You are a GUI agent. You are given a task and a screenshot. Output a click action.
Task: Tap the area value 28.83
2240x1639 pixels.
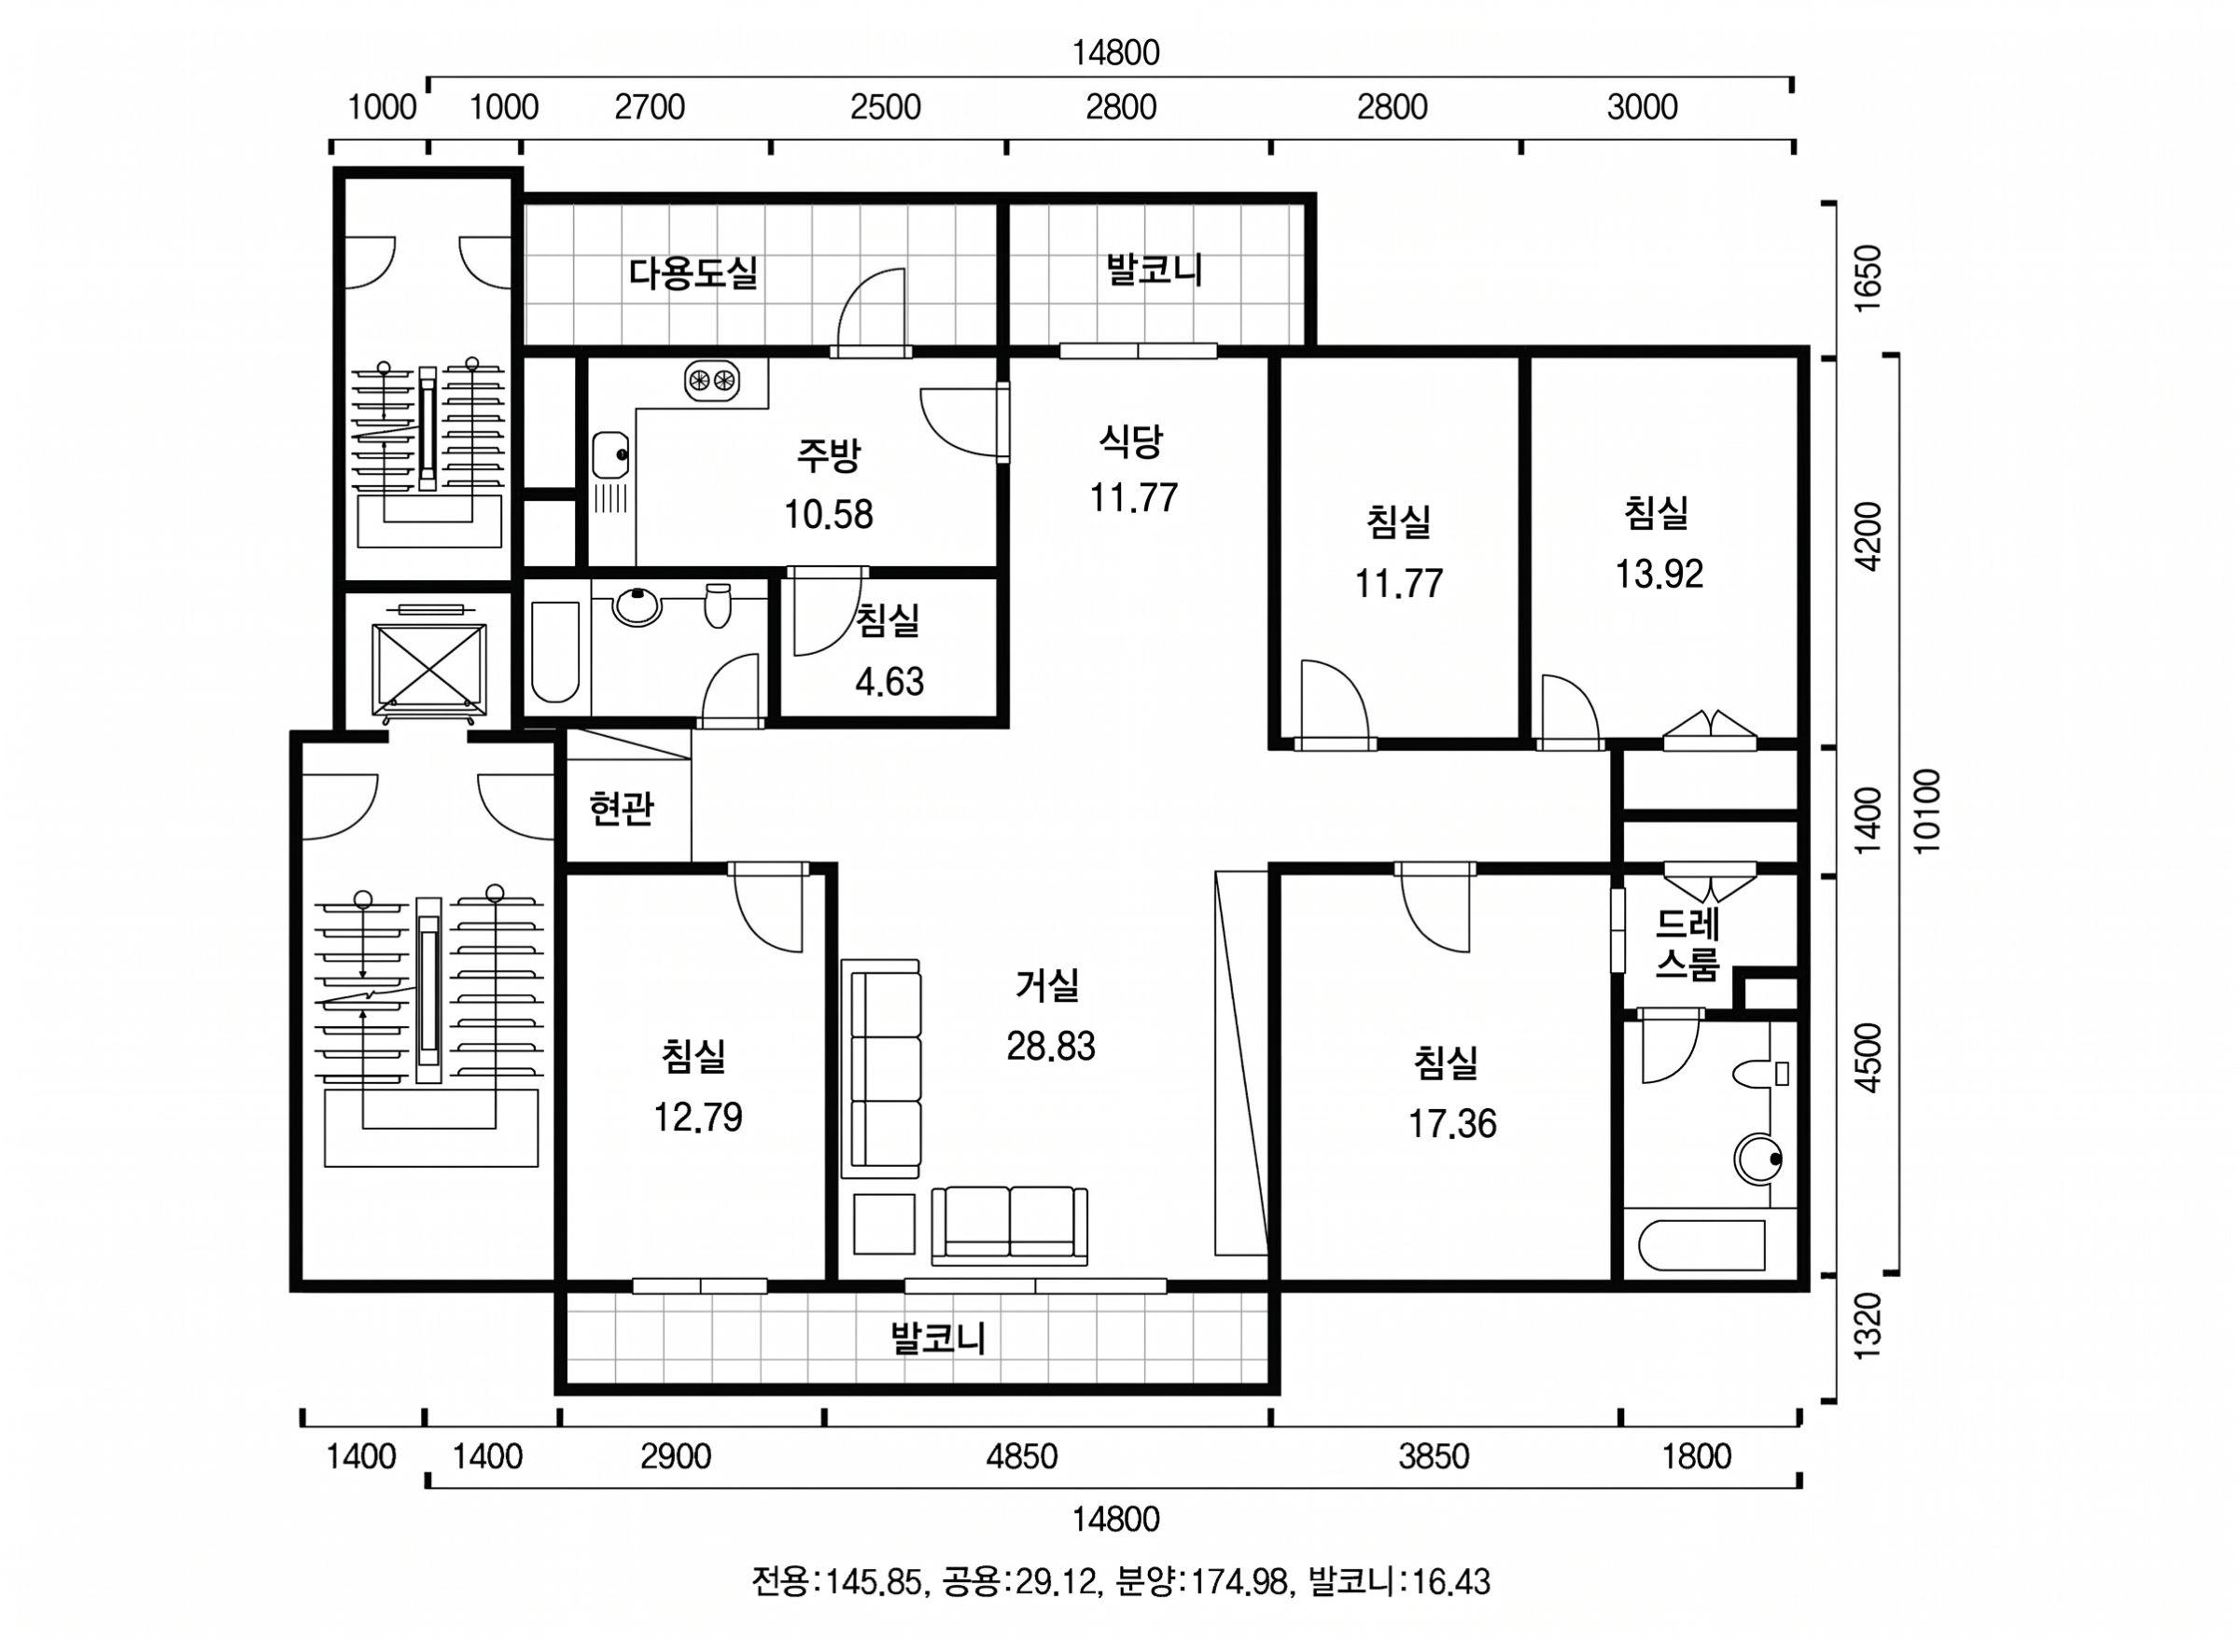(1050, 1046)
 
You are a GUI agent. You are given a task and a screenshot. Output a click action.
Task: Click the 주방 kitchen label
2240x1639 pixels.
(829, 454)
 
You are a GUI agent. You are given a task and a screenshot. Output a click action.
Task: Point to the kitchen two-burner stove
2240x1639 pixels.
(712, 379)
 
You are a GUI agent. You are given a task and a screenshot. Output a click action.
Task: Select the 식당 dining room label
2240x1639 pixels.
(1131, 439)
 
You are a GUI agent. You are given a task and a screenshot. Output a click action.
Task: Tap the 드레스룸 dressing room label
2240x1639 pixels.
(1687, 945)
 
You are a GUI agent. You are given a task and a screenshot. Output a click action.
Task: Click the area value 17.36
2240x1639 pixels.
(1452, 1124)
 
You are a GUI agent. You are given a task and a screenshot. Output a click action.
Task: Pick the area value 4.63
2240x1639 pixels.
(889, 682)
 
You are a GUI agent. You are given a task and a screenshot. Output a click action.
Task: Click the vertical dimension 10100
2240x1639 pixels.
(1926, 811)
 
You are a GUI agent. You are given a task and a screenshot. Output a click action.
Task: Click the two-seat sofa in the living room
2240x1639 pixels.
(1009, 1224)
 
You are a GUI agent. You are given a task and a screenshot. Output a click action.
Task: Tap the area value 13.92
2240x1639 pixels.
(1659, 574)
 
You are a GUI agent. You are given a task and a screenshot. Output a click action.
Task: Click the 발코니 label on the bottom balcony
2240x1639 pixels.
(938, 1339)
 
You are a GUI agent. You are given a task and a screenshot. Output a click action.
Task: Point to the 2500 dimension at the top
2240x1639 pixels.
(886, 107)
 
